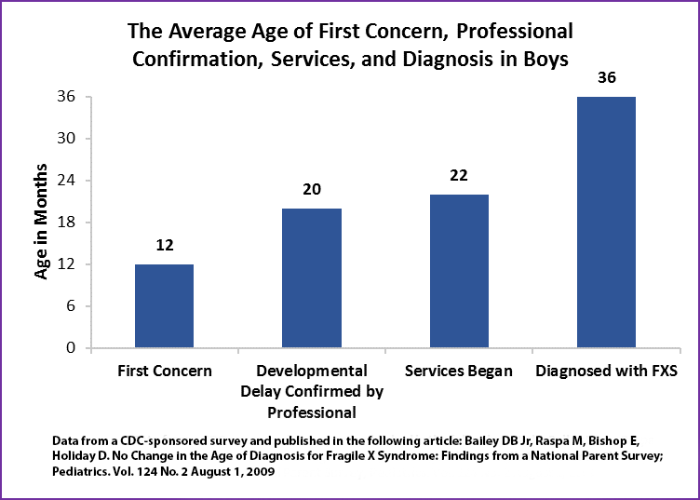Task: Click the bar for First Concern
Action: tap(164, 306)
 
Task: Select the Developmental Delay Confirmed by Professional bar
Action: tap(311, 278)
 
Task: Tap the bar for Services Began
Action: tap(458, 271)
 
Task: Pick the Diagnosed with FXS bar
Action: tap(606, 223)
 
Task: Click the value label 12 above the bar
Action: tap(164, 246)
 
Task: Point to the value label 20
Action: tap(311, 190)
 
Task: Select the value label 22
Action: tap(458, 176)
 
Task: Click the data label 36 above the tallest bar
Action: tap(606, 78)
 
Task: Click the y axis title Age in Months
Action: tap(42, 223)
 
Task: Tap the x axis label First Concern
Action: tap(164, 371)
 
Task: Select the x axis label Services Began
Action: tap(458, 371)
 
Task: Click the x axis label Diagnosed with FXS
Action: tap(606, 371)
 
